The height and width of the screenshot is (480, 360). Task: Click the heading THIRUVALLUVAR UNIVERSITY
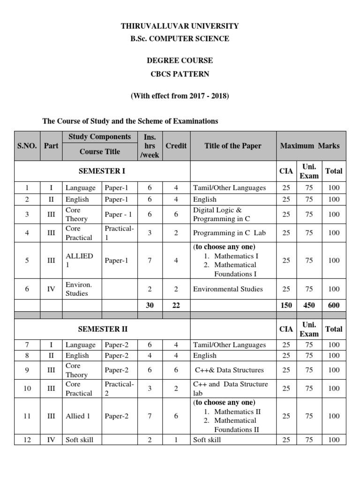180,26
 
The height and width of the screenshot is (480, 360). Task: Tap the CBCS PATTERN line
180,74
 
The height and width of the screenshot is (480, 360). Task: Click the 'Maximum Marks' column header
310,146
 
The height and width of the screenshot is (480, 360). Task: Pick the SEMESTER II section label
102,329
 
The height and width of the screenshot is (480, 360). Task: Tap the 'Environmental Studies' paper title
228,289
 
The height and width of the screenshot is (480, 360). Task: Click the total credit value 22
176,305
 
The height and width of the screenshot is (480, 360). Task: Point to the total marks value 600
334,305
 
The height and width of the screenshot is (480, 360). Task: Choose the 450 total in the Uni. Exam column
309,305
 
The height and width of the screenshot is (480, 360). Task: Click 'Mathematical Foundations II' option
233,425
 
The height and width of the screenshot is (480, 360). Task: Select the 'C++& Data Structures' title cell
229,370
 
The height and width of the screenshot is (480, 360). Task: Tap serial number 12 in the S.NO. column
27,440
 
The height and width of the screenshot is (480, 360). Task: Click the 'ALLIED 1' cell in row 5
79,260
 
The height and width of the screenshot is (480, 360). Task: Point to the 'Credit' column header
176,146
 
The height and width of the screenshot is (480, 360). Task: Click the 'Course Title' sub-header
99,152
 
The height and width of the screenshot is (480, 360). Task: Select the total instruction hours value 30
150,305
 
